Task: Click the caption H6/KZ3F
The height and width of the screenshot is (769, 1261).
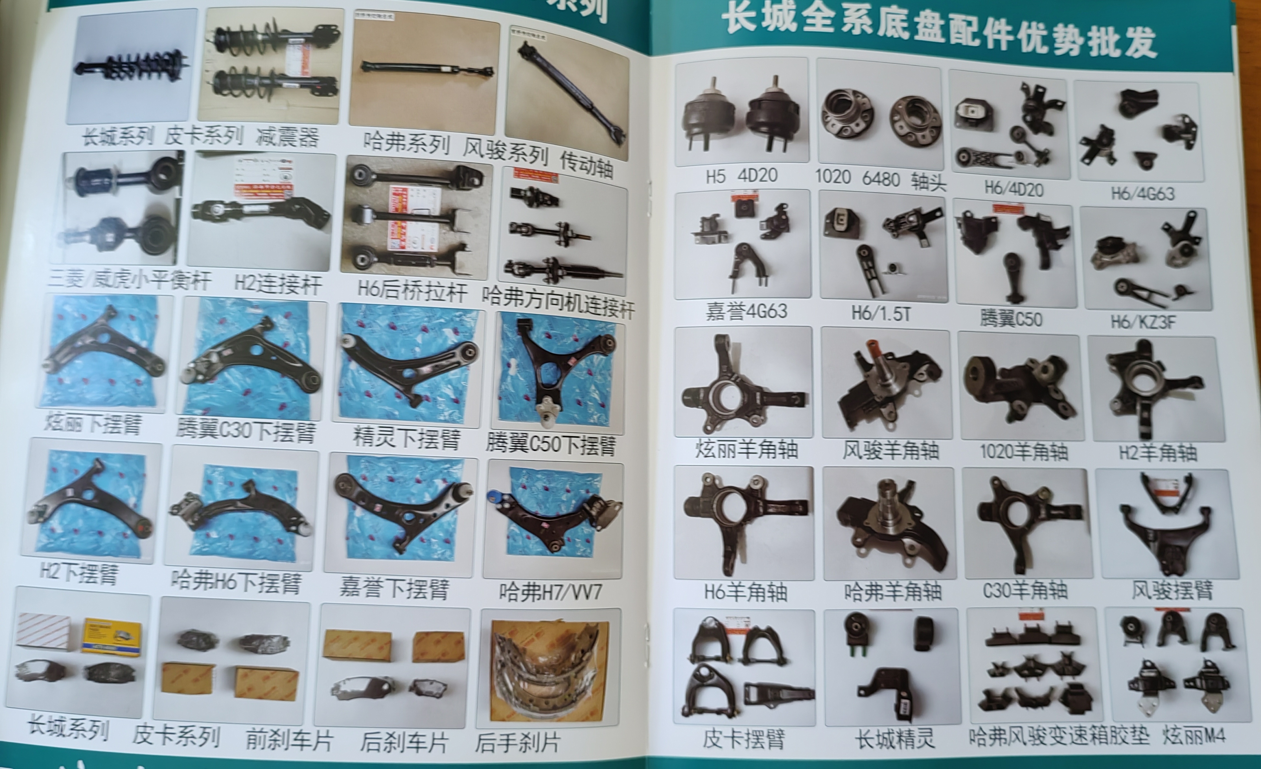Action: coord(1143,322)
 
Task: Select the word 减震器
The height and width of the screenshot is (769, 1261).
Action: coord(288,137)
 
